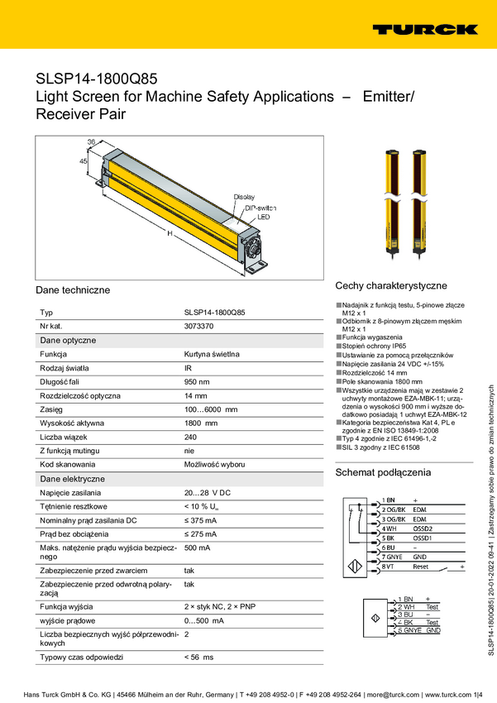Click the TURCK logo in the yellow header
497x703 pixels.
click(x=424, y=30)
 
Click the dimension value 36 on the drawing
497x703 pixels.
click(x=92, y=142)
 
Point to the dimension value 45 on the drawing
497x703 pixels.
click(x=84, y=162)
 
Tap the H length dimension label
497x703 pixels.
click(x=170, y=234)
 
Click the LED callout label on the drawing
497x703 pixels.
click(x=263, y=217)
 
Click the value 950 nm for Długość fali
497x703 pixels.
click(x=197, y=381)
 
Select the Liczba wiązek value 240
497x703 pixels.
click(x=190, y=437)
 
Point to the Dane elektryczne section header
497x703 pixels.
click(x=72, y=478)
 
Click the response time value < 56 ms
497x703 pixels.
click(x=198, y=656)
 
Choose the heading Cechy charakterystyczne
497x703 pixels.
click(x=391, y=285)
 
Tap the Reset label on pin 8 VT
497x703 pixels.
click(x=421, y=567)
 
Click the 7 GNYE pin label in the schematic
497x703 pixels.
click(x=391, y=557)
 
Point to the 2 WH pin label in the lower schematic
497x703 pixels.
click(x=406, y=606)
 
